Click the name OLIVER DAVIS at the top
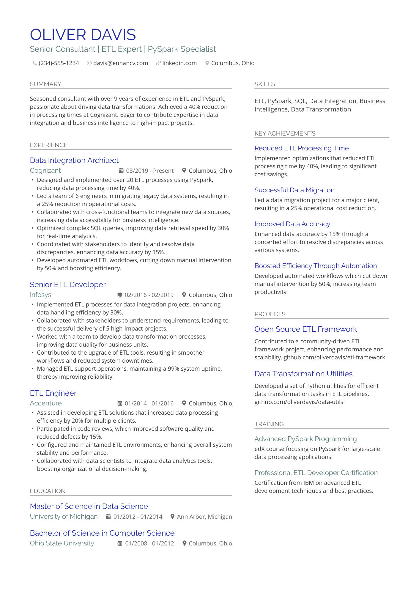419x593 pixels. [x=83, y=35]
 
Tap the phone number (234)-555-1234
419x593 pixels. [x=59, y=63]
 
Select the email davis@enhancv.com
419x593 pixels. [x=120, y=63]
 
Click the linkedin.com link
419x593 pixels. [x=179, y=63]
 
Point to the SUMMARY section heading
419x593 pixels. [x=45, y=84]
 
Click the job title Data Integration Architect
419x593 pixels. [x=74, y=161]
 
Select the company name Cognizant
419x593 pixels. [x=45, y=171]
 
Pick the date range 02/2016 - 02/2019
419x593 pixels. [x=149, y=295]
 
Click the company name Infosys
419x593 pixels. [x=40, y=295]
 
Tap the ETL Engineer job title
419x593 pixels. [x=53, y=393]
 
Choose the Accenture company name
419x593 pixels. [x=46, y=403]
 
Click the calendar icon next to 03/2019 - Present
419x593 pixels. [x=121, y=171]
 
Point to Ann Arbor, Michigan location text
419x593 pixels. [x=204, y=517]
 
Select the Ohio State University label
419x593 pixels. [x=62, y=543]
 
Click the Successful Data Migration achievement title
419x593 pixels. [x=294, y=190]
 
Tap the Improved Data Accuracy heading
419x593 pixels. [x=292, y=224]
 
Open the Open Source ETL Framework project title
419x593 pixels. [x=305, y=329]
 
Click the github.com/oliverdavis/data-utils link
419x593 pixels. [x=299, y=402]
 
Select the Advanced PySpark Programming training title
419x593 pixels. [x=305, y=439]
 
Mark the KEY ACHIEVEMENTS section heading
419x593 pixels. [x=285, y=133]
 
